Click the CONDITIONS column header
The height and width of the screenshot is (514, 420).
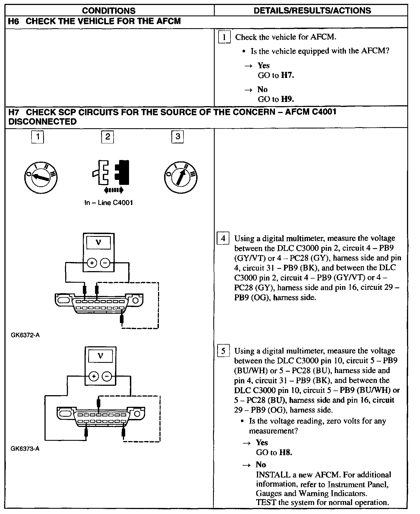click(109, 11)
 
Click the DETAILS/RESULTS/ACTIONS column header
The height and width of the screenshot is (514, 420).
click(312, 11)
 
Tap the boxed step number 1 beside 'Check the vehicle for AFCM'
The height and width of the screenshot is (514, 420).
click(224, 37)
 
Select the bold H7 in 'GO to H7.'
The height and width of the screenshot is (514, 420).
click(287, 75)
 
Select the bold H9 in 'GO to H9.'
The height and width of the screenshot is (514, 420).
click(287, 99)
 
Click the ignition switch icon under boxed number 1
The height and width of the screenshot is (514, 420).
click(41, 177)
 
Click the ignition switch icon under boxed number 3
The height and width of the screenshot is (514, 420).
click(181, 177)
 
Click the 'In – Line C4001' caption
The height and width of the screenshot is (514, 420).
click(109, 203)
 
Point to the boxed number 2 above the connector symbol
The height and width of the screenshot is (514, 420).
click(107, 137)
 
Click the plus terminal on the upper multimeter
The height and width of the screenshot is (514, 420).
click(92, 263)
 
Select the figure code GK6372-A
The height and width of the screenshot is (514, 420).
click(25, 335)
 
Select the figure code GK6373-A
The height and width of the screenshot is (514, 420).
click(25, 449)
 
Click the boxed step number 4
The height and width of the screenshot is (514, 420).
click(223, 238)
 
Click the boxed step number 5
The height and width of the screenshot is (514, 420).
click(223, 351)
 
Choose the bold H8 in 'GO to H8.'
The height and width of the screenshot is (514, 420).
click(285, 452)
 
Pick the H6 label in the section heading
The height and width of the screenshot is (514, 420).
click(14, 21)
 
